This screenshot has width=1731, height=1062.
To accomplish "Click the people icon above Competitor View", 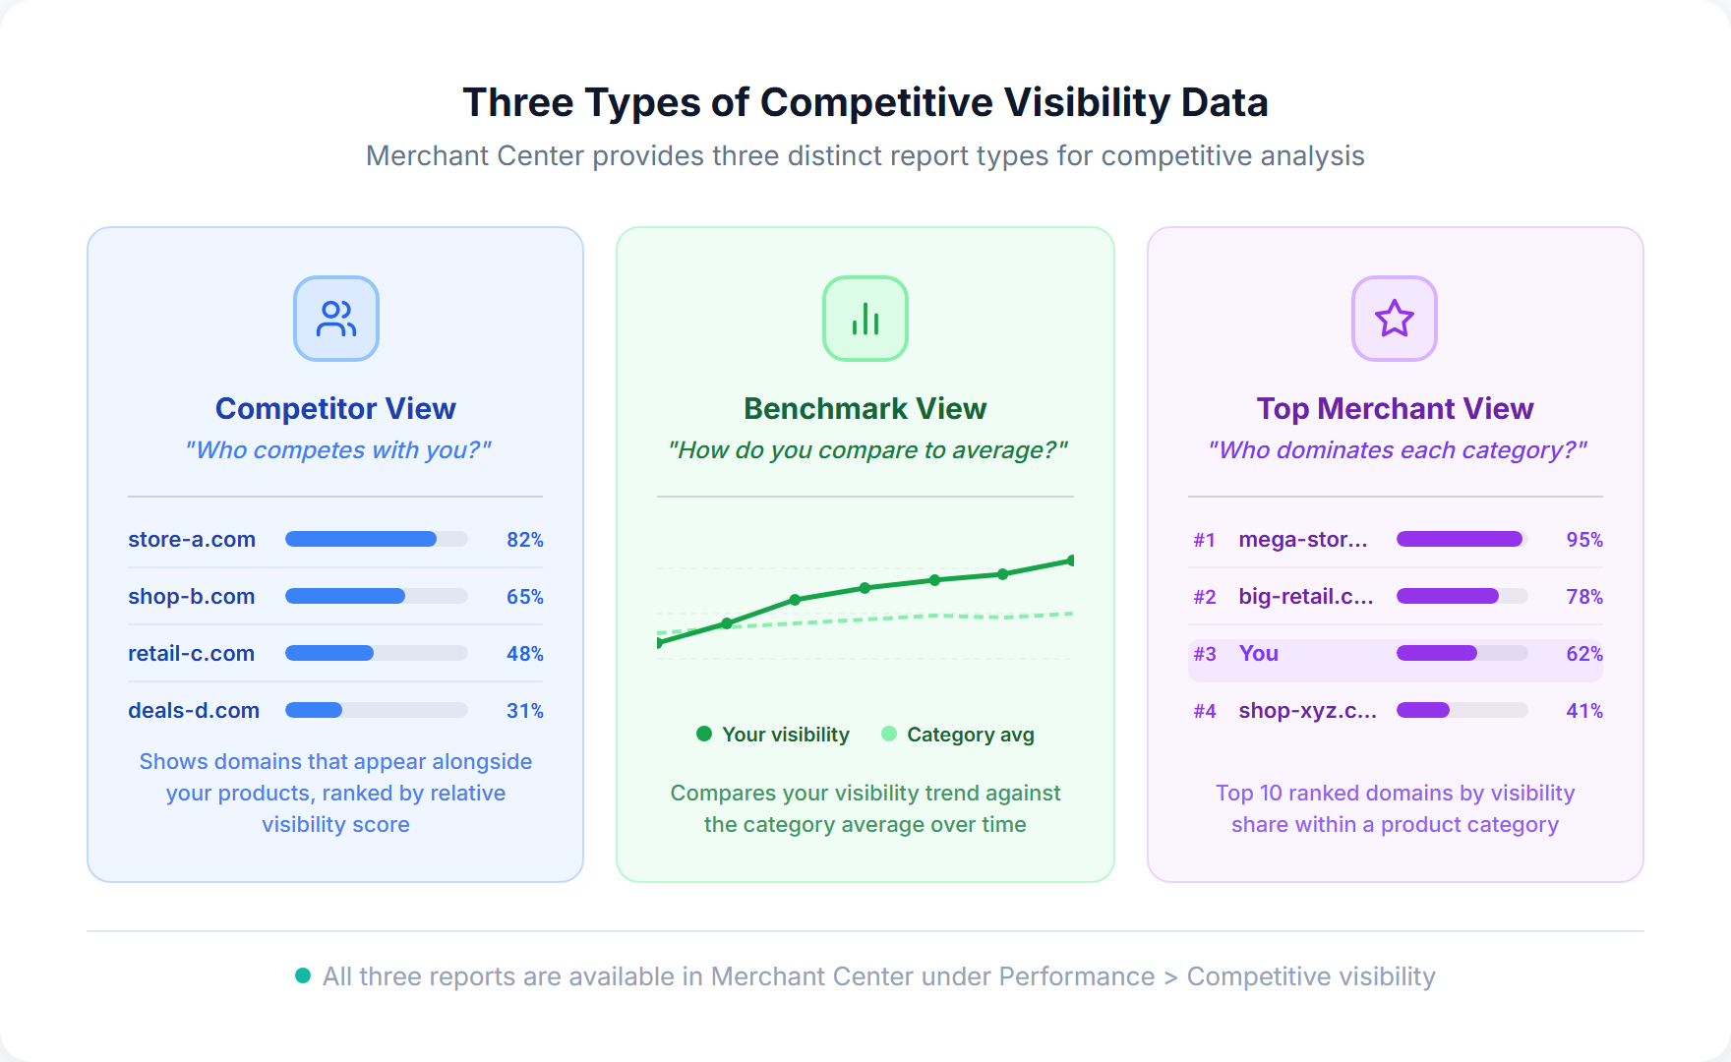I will [x=336, y=319].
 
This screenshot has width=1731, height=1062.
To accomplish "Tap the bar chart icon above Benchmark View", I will [x=865, y=319].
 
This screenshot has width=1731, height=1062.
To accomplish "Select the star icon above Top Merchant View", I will [x=1395, y=319].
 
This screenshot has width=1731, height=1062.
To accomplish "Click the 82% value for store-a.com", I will [x=524, y=540].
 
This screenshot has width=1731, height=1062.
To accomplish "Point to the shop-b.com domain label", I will [x=192, y=597].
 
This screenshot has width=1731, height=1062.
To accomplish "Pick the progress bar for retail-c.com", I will [x=376, y=653].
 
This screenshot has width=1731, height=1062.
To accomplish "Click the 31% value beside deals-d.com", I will [x=524, y=711].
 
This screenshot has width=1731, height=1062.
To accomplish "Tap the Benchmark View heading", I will [x=865, y=408].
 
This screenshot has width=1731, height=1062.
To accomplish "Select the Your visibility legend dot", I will [x=704, y=734].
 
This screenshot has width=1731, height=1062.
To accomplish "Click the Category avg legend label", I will [x=970, y=735].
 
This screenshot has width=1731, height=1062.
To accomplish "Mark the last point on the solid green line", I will [x=1070, y=560].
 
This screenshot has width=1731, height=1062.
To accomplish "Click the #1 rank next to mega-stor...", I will [x=1204, y=540].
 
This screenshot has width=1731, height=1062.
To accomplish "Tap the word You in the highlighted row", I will [x=1258, y=654].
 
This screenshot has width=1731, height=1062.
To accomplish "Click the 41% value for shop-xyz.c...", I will [x=1583, y=711].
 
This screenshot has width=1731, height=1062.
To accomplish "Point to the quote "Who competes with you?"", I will [x=336, y=450].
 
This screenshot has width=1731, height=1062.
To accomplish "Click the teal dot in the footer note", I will [x=303, y=975].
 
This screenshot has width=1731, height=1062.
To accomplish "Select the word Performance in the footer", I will [x=1076, y=976].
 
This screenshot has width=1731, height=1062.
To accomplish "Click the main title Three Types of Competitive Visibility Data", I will [x=865, y=102].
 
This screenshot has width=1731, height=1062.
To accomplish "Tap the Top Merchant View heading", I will [x=1395, y=408].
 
